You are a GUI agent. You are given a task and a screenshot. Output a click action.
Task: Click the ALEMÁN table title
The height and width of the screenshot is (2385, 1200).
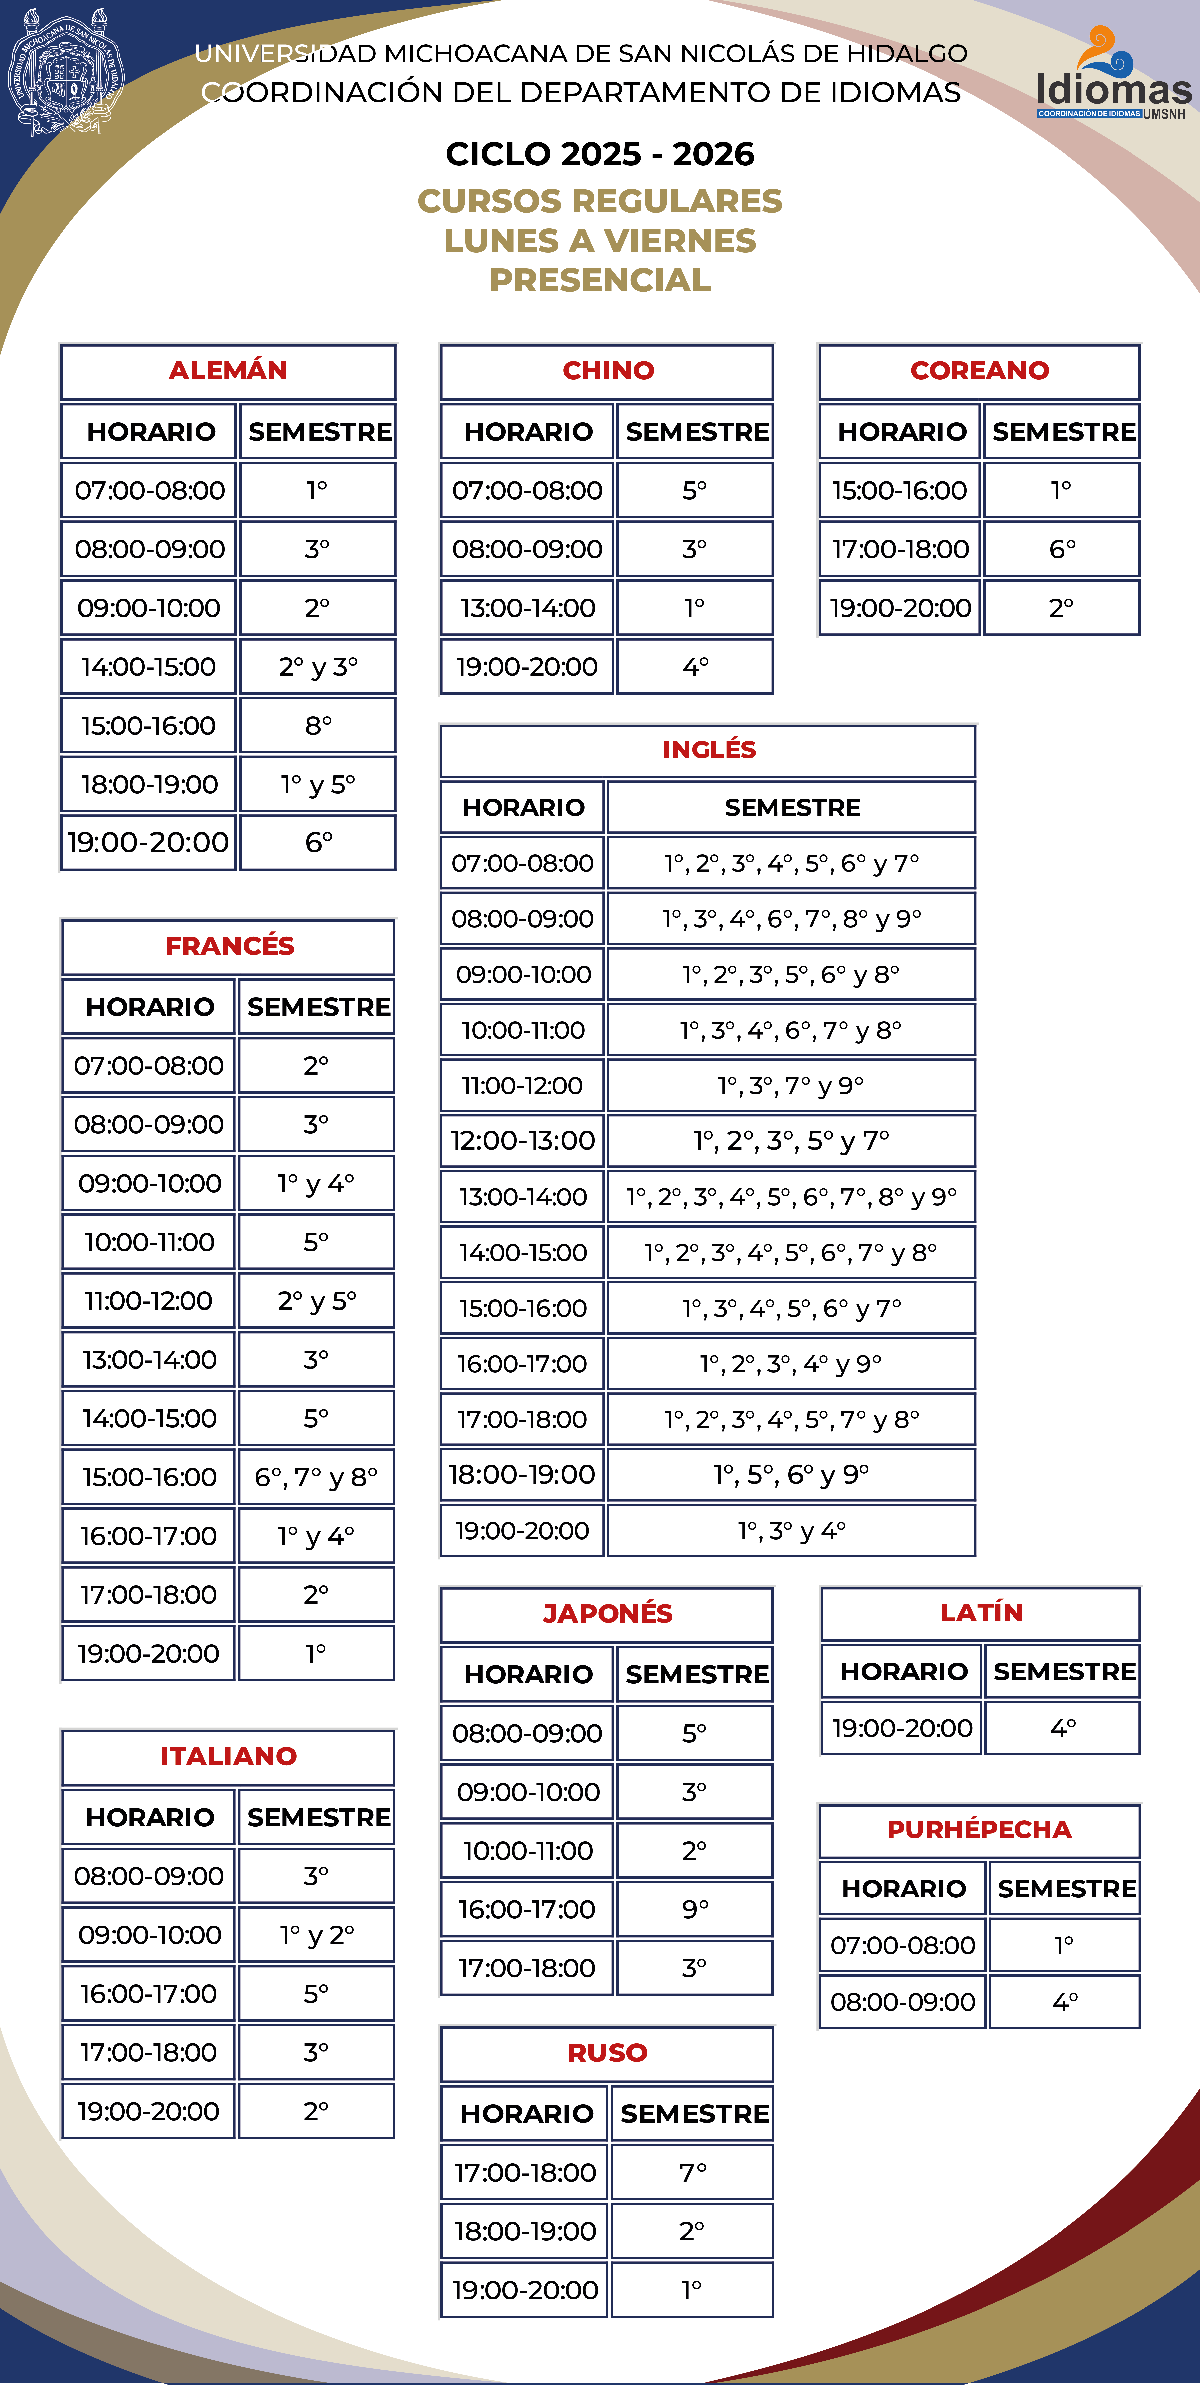(x=228, y=370)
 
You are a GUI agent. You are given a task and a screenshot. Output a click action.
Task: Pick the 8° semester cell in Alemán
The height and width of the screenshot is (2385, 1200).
(x=317, y=725)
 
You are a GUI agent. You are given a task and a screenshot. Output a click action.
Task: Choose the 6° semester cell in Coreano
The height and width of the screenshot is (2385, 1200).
(x=1061, y=549)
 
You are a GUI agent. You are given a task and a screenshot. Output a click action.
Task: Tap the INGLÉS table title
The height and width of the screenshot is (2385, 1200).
(x=708, y=750)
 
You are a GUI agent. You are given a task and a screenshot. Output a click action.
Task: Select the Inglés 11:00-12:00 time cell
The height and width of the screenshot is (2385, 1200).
(x=522, y=1085)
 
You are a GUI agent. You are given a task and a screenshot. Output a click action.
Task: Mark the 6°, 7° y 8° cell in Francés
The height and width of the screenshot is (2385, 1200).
(x=316, y=1477)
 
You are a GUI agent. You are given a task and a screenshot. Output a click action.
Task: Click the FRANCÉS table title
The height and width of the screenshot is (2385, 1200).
(x=229, y=945)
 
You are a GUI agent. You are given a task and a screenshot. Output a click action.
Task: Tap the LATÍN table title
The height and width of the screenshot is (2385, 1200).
(x=981, y=1613)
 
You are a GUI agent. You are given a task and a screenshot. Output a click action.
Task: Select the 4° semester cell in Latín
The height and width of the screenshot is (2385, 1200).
(x=1062, y=1728)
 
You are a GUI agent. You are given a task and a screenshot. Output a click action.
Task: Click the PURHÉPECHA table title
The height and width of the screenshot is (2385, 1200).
(x=979, y=1829)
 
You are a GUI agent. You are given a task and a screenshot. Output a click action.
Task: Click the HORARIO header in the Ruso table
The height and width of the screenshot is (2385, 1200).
(x=526, y=2114)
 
